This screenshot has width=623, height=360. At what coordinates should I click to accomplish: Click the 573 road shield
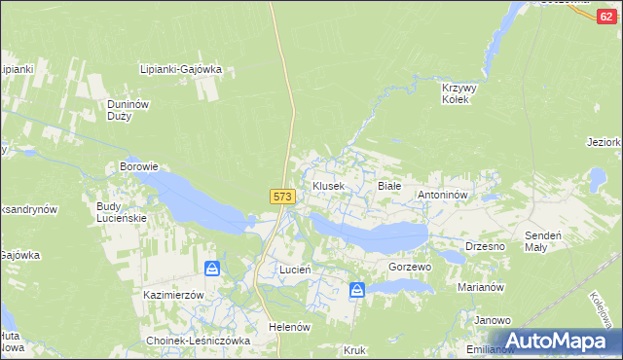tap(281, 197)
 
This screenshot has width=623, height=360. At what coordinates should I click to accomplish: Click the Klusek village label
tap(328, 186)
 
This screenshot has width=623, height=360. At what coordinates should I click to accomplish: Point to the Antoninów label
tap(444, 196)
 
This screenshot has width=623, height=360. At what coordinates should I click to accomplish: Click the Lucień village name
tap(295, 269)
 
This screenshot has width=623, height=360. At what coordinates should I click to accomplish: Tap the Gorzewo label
tap(409, 267)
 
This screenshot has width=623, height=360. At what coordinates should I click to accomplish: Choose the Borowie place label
tap(138, 166)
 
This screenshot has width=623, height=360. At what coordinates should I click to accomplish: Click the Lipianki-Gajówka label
tap(182, 69)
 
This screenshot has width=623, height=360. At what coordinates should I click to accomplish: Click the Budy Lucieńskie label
tap(121, 212)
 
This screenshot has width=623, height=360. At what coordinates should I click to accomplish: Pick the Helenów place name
tap(289, 327)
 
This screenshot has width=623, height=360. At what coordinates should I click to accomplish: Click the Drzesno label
tap(485, 246)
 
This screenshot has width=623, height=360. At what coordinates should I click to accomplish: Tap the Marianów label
tap(479, 288)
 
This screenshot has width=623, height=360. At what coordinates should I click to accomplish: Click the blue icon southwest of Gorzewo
tap(357, 289)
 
